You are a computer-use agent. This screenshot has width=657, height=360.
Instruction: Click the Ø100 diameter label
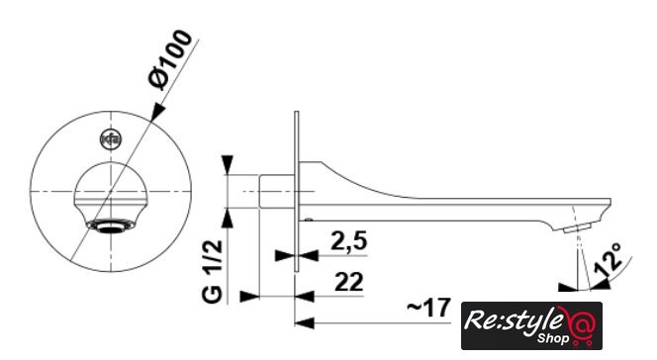(170, 59)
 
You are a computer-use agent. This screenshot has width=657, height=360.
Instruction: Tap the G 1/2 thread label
(213, 271)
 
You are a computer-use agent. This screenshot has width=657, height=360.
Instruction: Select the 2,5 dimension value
(348, 241)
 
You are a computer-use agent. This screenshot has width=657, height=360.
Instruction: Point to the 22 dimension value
(349, 282)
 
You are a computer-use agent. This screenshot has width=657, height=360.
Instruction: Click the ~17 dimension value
(428, 308)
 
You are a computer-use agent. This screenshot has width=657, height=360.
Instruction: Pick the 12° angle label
(610, 259)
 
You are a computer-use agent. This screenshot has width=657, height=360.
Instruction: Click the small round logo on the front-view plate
(111, 139)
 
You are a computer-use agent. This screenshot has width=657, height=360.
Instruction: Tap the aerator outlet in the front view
(111, 225)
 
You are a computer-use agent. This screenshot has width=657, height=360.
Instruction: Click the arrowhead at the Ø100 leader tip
(157, 112)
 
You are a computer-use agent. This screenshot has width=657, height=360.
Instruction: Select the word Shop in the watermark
(553, 337)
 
